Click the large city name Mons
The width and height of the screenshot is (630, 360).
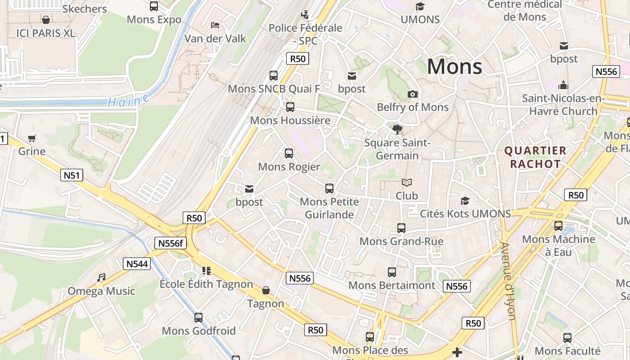[454, 67]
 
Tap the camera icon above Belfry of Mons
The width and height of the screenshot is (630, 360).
[412, 94]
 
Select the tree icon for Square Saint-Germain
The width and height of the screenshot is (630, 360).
[397, 130]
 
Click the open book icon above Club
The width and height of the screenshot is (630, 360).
[407, 183]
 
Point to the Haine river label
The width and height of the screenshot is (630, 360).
[129, 100]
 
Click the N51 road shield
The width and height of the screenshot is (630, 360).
[72, 175]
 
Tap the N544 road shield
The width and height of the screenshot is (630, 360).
[137, 264]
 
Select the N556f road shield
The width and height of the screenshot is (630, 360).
[170, 243]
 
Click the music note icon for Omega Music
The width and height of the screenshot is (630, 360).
[101, 278]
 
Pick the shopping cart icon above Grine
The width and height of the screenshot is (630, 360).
[31, 138]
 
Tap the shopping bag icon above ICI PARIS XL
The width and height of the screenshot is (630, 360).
[45, 20]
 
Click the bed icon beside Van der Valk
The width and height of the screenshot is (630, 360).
[215, 25]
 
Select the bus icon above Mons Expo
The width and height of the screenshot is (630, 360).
[154, 6]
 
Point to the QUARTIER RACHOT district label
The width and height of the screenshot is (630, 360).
[535, 157]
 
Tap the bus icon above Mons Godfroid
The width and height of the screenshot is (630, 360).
[198, 318]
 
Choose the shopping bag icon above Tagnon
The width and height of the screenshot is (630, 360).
[266, 290]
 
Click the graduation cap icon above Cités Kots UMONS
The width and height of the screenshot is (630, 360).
[465, 201]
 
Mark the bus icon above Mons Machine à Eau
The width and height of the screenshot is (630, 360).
[558, 226]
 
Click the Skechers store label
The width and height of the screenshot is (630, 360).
[85, 9]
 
